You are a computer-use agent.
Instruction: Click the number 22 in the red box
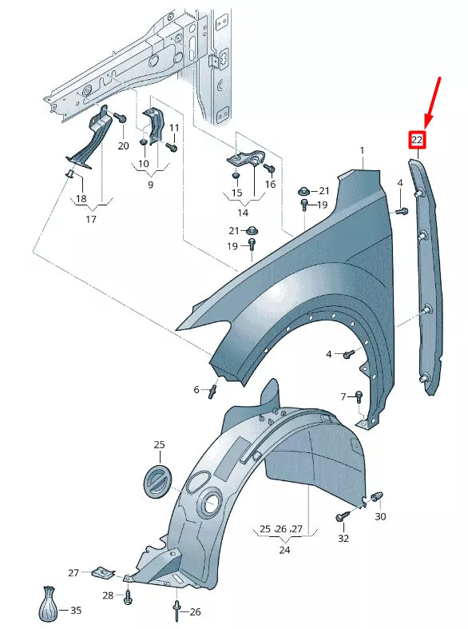pyautogui.click(x=417, y=141)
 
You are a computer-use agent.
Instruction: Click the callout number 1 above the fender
pyautogui.click(x=361, y=150)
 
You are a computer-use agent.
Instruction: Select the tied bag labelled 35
pyautogui.click(x=50, y=604)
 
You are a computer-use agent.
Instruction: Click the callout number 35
pyautogui.click(x=76, y=611)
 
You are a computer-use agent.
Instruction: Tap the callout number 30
pyautogui.click(x=380, y=516)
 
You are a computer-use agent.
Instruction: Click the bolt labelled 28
pyautogui.click(x=128, y=595)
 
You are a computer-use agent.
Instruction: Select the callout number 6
pyautogui.click(x=196, y=390)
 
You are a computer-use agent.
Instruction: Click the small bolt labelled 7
pyautogui.click(x=359, y=396)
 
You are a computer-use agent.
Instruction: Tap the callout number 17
pyautogui.click(x=90, y=219)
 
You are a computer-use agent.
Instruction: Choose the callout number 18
pyautogui.click(x=81, y=198)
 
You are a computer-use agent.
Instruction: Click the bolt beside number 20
pyautogui.click(x=121, y=118)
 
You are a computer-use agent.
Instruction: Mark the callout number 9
pyautogui.click(x=151, y=185)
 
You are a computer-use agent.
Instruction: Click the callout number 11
pyautogui.click(x=174, y=128)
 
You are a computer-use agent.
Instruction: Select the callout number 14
pyautogui.click(x=243, y=213)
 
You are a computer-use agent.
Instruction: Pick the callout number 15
pyautogui.click(x=236, y=193)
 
